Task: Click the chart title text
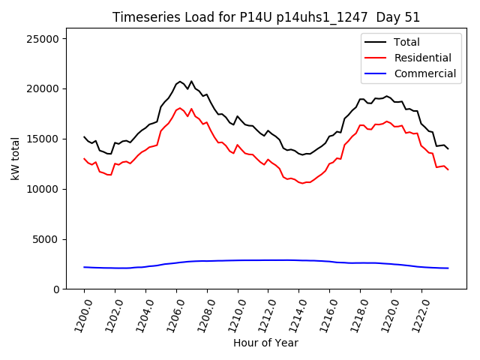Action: (x=266, y=17)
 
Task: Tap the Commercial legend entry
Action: (x=424, y=73)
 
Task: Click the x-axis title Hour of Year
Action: (x=265, y=343)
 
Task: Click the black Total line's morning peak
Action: (x=180, y=81)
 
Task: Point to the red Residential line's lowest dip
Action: (x=302, y=183)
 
